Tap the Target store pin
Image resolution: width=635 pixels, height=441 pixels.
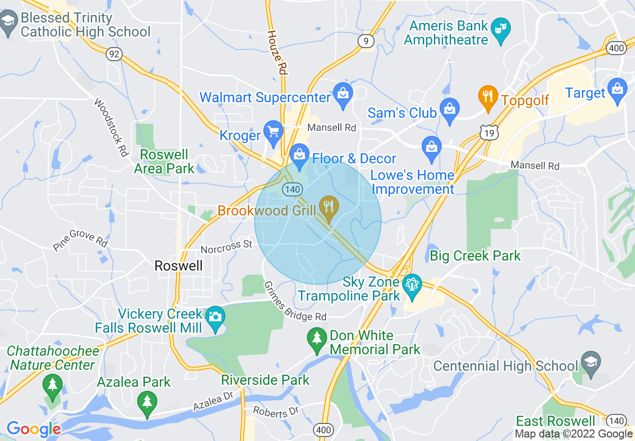[x=617, y=91]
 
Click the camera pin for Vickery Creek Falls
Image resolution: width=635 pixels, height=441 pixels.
[x=216, y=318]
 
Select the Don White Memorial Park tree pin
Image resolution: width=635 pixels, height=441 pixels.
[x=316, y=339]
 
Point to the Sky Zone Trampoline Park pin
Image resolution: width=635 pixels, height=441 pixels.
[x=412, y=287]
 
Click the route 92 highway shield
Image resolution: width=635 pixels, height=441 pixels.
[x=114, y=54]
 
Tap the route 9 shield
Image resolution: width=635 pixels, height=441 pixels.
[x=366, y=41]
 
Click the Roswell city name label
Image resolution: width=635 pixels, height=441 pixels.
[x=179, y=266]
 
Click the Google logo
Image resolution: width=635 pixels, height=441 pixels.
[x=33, y=429]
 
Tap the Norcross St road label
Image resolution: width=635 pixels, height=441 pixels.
[x=226, y=247]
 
